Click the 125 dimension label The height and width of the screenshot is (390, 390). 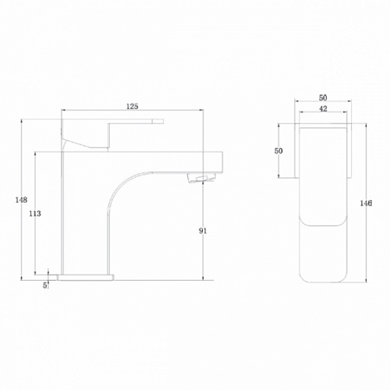click(x=133, y=106)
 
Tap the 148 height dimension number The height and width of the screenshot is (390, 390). click(x=21, y=200)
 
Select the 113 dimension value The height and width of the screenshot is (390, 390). click(x=35, y=214)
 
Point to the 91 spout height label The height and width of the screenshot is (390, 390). click(x=203, y=231)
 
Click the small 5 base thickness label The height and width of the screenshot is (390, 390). click(x=45, y=285)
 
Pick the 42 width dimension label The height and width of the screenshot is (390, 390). click(x=323, y=108)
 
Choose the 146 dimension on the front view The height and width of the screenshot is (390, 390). click(x=366, y=203)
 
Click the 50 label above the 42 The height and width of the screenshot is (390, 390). click(x=323, y=97)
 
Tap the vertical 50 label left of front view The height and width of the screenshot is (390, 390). click(x=278, y=151)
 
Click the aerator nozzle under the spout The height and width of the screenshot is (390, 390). click(x=201, y=179)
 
